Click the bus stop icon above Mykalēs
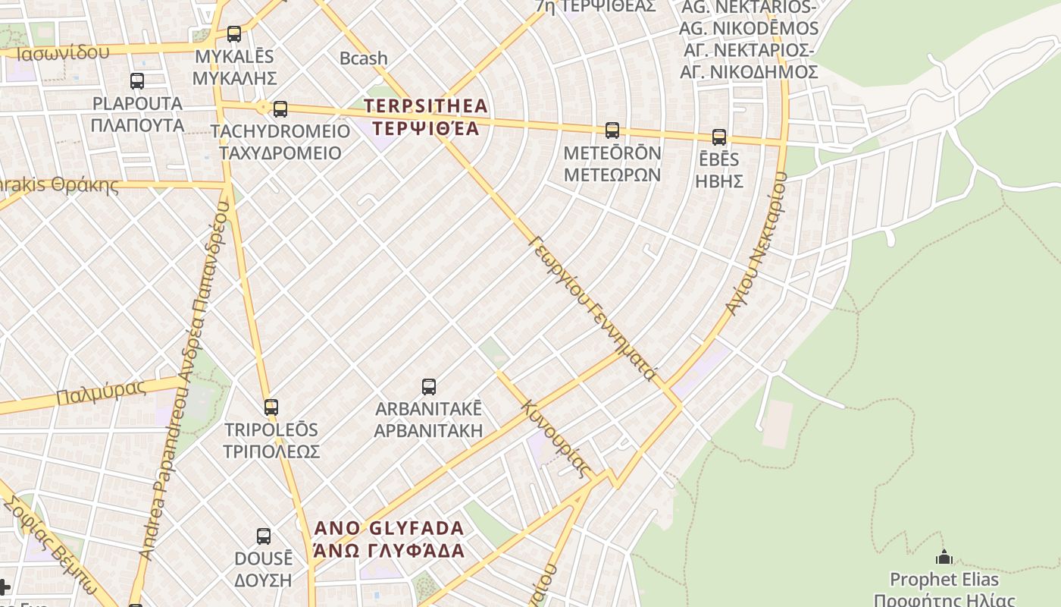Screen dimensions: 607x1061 coord(234,34)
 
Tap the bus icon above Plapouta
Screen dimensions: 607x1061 coord(137,81)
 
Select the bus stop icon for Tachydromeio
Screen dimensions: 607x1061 coord(280,109)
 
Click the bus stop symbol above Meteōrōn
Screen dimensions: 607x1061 coord(612,131)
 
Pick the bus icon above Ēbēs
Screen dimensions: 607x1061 coord(719,137)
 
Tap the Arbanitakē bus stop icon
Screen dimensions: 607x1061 coord(429,387)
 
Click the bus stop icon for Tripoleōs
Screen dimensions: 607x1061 coord(271,407)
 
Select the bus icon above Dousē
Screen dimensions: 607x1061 coord(264,536)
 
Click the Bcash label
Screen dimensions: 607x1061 coord(363,58)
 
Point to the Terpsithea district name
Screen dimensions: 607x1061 coord(427,116)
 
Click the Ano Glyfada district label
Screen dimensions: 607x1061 coord(389,539)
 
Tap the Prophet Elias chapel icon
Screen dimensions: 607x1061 coord(944,558)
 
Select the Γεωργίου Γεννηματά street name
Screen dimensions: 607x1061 coord(593,307)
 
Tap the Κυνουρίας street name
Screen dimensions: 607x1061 coord(556,439)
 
